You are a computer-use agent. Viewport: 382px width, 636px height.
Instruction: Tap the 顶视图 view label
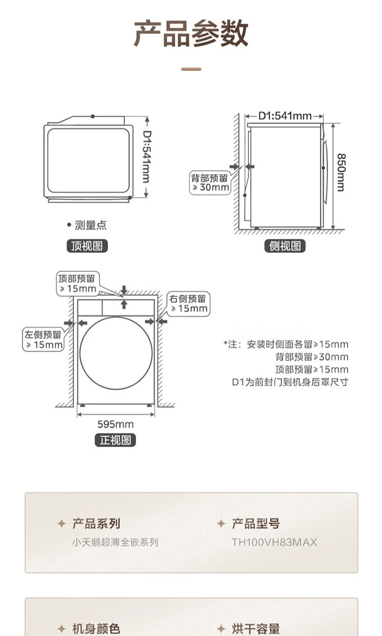88,246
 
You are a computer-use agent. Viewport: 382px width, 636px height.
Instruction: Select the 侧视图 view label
285,246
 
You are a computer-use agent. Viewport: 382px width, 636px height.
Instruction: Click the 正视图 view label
116,440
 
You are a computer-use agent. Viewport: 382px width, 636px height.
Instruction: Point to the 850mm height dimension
340,172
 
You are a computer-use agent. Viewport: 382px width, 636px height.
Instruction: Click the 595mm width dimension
116,424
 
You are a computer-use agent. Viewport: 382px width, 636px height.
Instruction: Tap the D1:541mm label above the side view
285,116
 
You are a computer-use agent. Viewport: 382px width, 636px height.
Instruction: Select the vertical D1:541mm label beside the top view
146,157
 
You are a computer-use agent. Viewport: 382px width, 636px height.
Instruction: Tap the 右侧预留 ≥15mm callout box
189,303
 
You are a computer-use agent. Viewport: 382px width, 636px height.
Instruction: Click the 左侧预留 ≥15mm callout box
44,339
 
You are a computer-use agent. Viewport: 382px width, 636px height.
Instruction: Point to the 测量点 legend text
90,225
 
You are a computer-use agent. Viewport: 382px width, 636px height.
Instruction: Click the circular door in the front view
116,353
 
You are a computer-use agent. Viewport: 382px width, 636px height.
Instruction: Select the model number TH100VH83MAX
275,542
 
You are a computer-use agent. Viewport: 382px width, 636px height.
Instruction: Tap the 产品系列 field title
96,524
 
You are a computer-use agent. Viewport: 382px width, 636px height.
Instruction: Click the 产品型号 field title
256,524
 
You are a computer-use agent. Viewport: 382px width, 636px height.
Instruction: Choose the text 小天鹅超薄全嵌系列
115,542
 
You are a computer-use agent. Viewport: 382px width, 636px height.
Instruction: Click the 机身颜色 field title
96,629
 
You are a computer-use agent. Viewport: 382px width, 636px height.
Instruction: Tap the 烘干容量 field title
256,629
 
